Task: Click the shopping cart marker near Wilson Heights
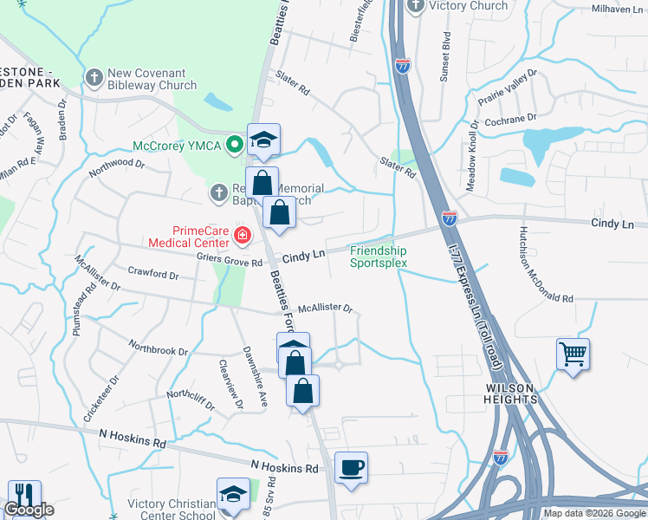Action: pos(573,354)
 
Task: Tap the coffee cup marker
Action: pos(351,468)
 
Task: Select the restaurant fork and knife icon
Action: pos(23,496)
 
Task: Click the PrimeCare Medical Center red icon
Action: pos(243,234)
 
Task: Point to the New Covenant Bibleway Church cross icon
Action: pos(94,78)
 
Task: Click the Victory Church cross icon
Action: pos(416,6)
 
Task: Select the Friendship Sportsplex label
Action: pos(378,257)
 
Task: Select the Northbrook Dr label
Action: pos(158,350)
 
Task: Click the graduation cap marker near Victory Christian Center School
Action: pos(233,495)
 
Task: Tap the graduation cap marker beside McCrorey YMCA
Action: pos(263,139)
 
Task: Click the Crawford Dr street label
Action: pos(152,274)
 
